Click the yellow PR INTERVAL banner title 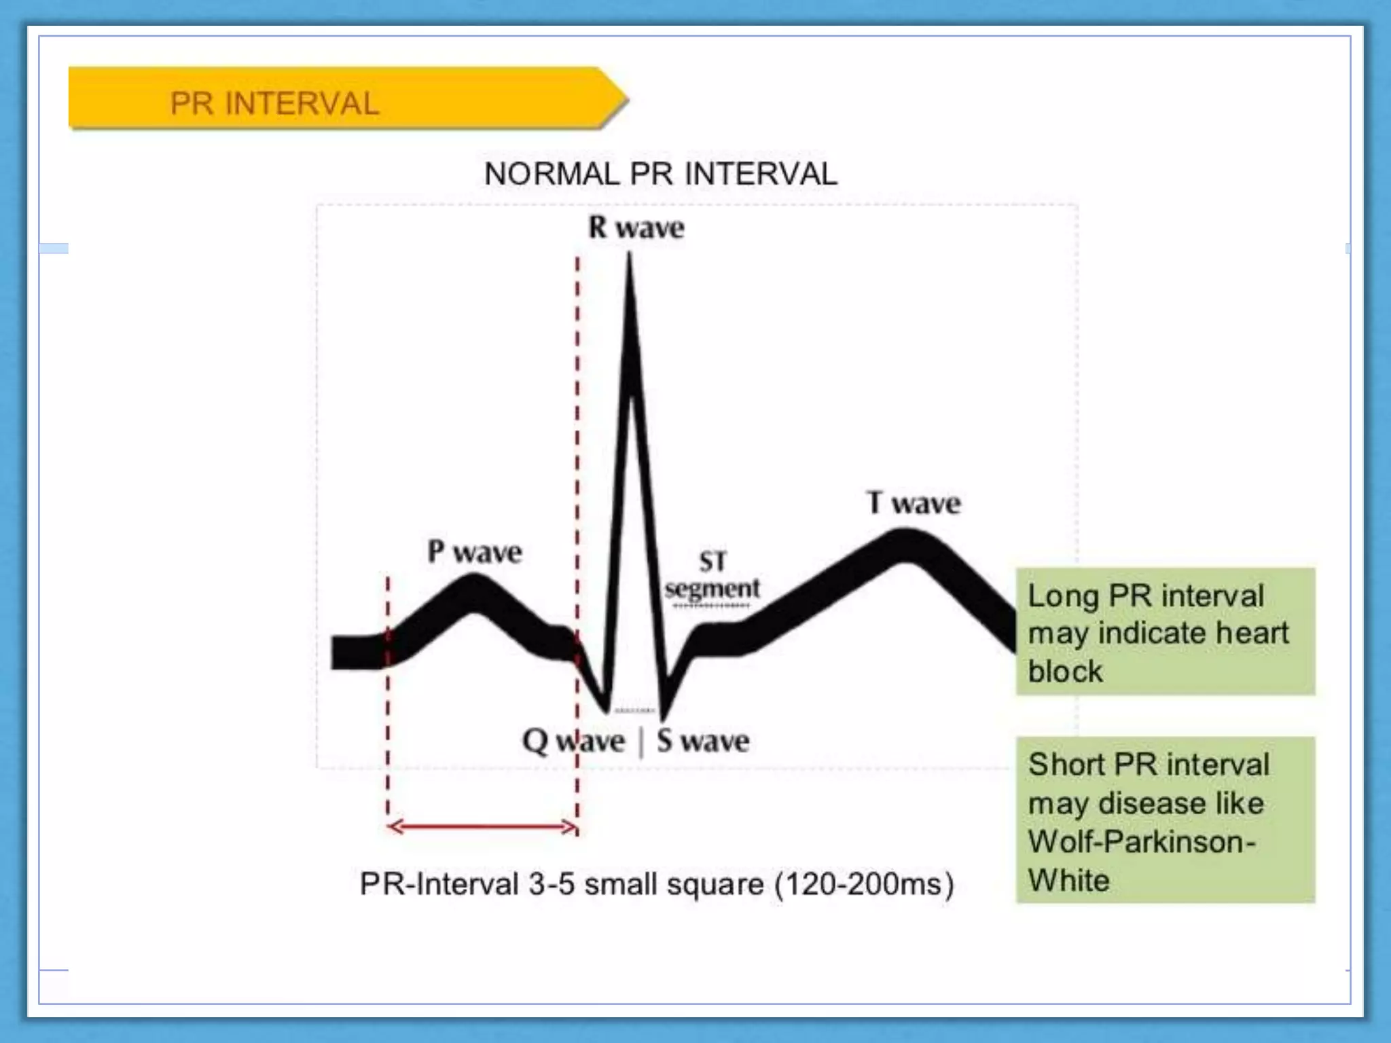pyautogui.click(x=274, y=104)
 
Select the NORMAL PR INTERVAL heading pyautogui.click(x=660, y=174)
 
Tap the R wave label pyautogui.click(x=636, y=228)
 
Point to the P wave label pyautogui.click(x=474, y=551)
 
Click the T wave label pyautogui.click(x=914, y=503)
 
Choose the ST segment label pyautogui.click(x=712, y=576)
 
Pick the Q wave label pyautogui.click(x=573, y=741)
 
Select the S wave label pyautogui.click(x=703, y=741)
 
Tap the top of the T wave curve pyautogui.click(x=905, y=533)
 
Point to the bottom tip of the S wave pyautogui.click(x=663, y=718)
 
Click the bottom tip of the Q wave pyautogui.click(x=606, y=711)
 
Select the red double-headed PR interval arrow pyautogui.click(x=482, y=826)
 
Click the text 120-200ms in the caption pyautogui.click(x=865, y=884)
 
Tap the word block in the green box pyautogui.click(x=1065, y=671)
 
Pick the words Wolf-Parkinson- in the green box pyautogui.click(x=1141, y=842)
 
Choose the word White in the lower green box pyautogui.click(x=1068, y=881)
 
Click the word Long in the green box pyautogui.click(x=1063, y=596)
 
